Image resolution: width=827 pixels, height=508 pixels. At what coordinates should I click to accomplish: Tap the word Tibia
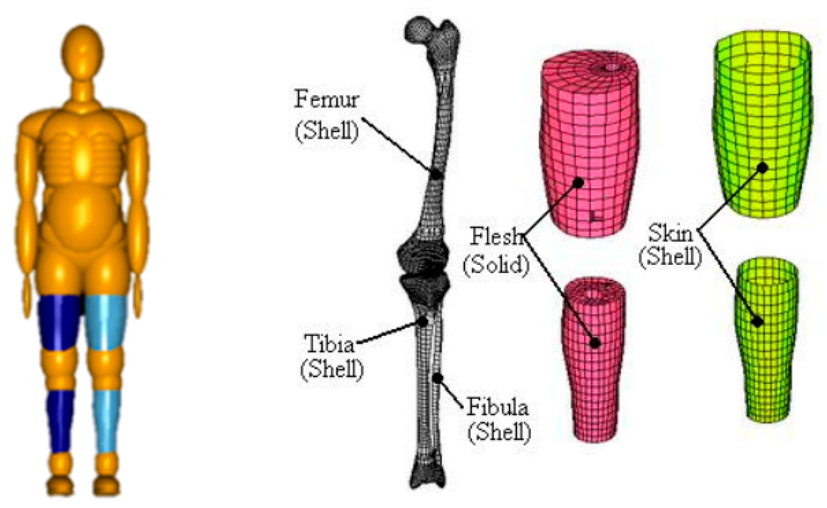click(329, 343)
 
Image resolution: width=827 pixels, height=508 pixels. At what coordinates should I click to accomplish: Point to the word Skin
click(670, 233)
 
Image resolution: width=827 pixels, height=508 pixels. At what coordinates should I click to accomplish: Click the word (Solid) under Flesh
click(496, 265)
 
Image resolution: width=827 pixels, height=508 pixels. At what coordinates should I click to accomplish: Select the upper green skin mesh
click(762, 124)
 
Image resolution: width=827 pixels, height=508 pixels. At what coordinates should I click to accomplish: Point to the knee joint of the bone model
click(423, 272)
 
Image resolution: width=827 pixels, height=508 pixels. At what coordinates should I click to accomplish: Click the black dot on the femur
click(436, 174)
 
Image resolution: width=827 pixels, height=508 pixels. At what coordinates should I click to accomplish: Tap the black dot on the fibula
click(438, 378)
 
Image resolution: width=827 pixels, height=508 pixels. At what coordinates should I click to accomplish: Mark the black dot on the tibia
click(423, 321)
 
